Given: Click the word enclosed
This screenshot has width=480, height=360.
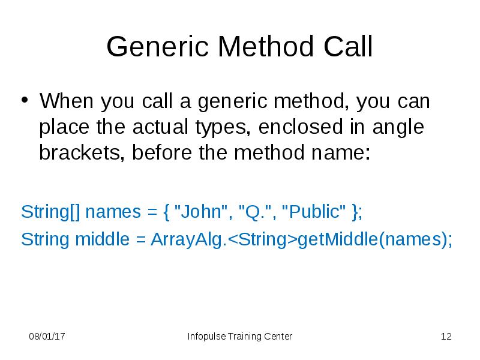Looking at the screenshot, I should pyautogui.click(x=298, y=128).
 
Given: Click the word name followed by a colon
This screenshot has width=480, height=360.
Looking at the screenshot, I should pyautogui.click(x=341, y=153).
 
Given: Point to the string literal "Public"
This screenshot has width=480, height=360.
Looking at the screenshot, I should pyautogui.click(x=314, y=212).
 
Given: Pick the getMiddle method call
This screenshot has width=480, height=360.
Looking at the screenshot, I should pyautogui.click(x=336, y=239).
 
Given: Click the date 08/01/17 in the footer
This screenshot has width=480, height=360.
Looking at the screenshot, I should pyautogui.click(x=47, y=337).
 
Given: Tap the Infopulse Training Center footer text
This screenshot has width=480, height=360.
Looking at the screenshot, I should pyautogui.click(x=240, y=337).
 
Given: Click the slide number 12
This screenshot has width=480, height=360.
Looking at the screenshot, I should pyautogui.click(x=446, y=337).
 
